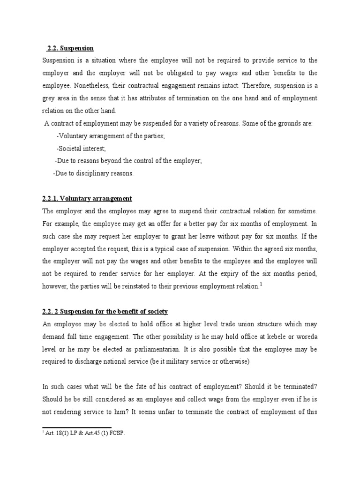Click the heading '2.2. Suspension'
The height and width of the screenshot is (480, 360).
coord(70,48)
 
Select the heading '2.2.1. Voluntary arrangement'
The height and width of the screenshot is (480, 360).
coord(87,199)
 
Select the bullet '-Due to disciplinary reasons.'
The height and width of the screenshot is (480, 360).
coord(94,173)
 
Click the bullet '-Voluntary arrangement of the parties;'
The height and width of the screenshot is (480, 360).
coord(110,136)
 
